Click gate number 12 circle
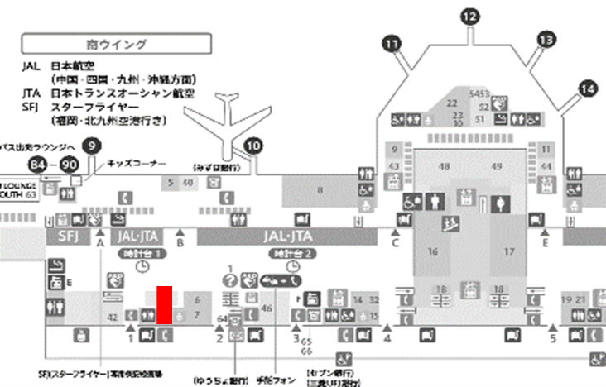pos(469,16)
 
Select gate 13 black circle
pos(546,39)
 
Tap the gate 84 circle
pos(36,163)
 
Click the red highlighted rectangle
pos(165,304)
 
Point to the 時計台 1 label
pos(142,251)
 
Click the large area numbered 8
pos(320,191)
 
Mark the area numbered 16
pos(432,251)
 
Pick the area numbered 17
pos(509,251)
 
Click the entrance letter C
pos(395,243)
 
